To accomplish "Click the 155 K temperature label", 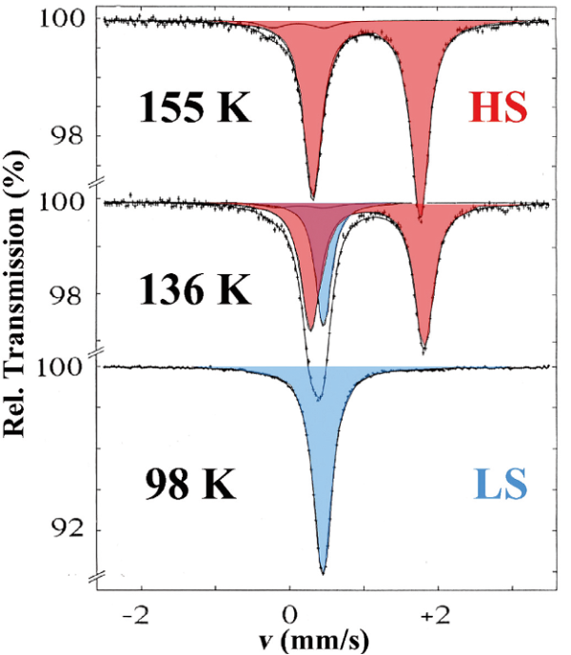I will pos(195,109).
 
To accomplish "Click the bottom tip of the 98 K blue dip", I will pos(323,573).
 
